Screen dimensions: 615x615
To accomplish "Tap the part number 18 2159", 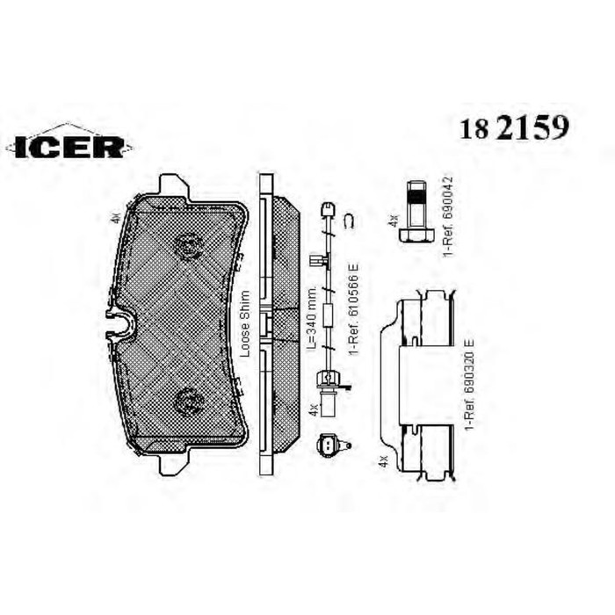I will coord(513,128).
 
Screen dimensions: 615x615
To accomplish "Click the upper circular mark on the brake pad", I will coord(188,245).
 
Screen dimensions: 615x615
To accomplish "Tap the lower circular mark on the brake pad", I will coord(188,402).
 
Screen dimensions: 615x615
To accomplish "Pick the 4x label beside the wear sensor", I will coord(312,409).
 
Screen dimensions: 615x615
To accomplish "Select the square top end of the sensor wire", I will coord(327,209).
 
